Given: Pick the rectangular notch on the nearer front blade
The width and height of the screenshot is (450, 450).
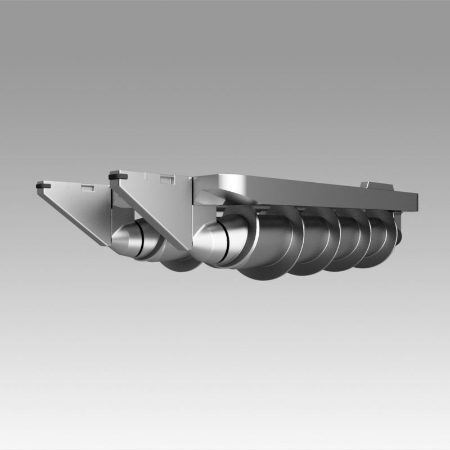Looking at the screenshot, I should coord(166,179).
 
